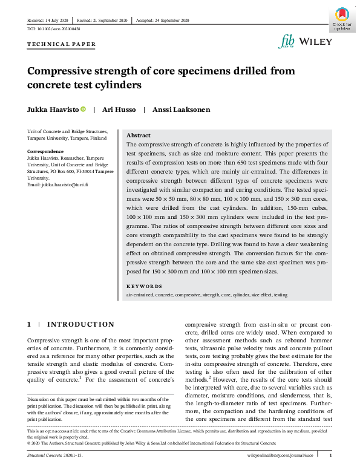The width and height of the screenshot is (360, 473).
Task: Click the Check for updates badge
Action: [341, 19]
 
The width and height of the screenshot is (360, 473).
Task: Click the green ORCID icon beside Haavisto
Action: [83, 109]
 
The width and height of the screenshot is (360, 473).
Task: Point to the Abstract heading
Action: [139, 135]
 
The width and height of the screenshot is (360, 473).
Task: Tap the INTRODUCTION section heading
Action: [80, 325]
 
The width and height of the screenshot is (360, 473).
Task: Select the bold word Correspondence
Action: [45, 151]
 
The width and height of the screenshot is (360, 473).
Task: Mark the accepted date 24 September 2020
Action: [169, 20]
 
